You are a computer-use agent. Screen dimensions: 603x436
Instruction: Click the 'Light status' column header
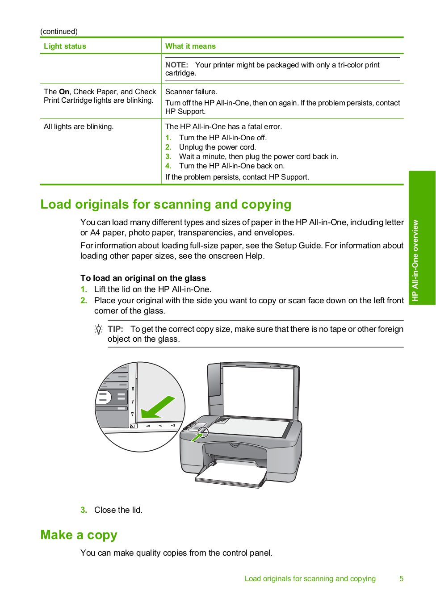pyautogui.click(x=65, y=46)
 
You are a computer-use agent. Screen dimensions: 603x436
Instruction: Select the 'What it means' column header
pyautogui.click(x=190, y=46)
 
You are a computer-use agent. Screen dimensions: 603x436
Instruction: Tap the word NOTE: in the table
pyautogui.click(x=176, y=65)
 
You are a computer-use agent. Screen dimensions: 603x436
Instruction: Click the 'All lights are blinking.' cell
pyautogui.click(x=79, y=126)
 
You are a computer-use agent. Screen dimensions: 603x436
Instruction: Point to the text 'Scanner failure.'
pyautogui.click(x=191, y=92)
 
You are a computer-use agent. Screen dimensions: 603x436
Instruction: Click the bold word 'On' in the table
pyautogui.click(x=64, y=92)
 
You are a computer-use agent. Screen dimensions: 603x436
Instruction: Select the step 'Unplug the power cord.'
pyautogui.click(x=218, y=147)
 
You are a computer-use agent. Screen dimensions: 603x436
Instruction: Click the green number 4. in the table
pyautogui.click(x=168, y=166)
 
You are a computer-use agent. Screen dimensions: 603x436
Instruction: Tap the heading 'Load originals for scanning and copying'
pyautogui.click(x=166, y=204)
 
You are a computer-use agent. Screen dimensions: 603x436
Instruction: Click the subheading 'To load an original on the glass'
pyautogui.click(x=143, y=278)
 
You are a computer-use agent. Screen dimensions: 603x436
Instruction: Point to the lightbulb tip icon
pyautogui.click(x=99, y=330)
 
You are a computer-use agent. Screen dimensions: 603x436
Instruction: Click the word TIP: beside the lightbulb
pyautogui.click(x=115, y=329)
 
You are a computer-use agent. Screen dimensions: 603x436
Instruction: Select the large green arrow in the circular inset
pyautogui.click(x=158, y=406)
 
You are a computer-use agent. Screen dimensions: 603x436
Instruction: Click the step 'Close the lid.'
pyautogui.click(x=118, y=510)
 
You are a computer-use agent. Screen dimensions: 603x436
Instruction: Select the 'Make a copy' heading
pyautogui.click(x=79, y=535)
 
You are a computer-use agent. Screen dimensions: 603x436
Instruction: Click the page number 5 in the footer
pyautogui.click(x=401, y=578)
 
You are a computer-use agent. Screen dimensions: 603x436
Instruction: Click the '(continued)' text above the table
pyautogui.click(x=59, y=31)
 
